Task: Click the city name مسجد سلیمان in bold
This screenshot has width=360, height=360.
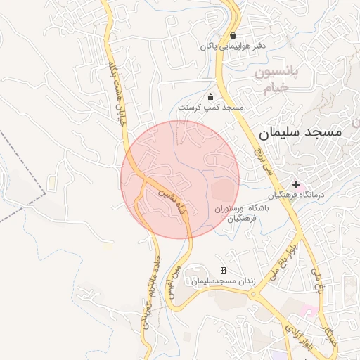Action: click(x=300, y=131)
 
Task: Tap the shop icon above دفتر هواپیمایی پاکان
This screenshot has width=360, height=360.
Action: click(x=233, y=35)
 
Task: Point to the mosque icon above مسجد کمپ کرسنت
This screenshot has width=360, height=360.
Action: click(x=210, y=97)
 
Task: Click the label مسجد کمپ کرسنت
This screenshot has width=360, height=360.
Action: click(x=210, y=108)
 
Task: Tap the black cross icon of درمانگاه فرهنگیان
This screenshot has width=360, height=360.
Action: click(x=296, y=184)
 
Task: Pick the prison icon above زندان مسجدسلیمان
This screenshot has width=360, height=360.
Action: click(x=223, y=270)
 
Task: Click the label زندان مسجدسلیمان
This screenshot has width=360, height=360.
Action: click(x=221, y=281)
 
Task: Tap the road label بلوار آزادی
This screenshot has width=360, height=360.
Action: click(x=298, y=337)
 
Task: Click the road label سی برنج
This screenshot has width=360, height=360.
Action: click(x=263, y=160)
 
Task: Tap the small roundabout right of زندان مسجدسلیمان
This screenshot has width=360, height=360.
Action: click(x=253, y=295)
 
